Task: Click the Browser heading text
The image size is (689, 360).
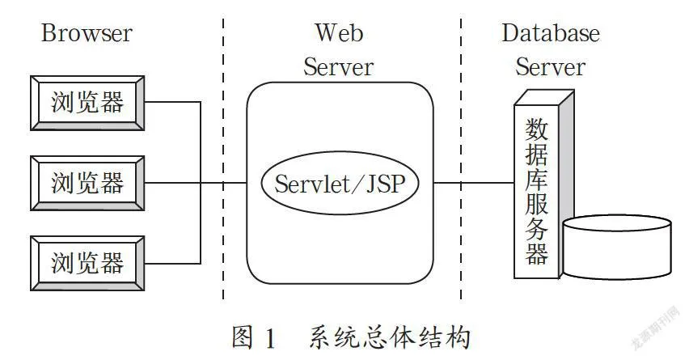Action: [x=87, y=33]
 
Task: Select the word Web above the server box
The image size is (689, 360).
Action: [x=339, y=32]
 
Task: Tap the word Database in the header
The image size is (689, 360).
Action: [x=551, y=33]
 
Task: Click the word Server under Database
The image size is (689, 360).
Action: [x=550, y=67]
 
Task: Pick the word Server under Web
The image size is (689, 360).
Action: [x=338, y=67]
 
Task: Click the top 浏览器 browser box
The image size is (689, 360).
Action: [x=87, y=103]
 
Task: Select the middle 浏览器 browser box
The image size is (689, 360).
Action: [x=87, y=183]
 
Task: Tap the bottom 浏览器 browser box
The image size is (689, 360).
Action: [x=87, y=263]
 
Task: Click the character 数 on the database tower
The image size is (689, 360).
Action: [x=536, y=129]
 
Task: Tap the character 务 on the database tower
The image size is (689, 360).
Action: [x=536, y=229]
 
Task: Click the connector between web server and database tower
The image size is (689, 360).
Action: [x=474, y=182]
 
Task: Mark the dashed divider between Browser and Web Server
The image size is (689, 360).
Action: [x=223, y=159]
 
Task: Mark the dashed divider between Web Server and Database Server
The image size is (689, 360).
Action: [x=461, y=159]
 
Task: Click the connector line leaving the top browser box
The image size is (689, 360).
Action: [x=173, y=103]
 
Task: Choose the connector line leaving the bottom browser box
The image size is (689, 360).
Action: [x=173, y=263]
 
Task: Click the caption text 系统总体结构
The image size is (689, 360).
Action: [x=389, y=337]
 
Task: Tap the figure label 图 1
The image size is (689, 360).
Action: [x=254, y=337]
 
